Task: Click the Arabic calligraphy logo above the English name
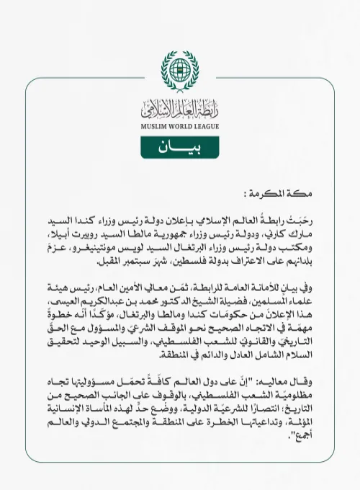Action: tap(180, 110)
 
